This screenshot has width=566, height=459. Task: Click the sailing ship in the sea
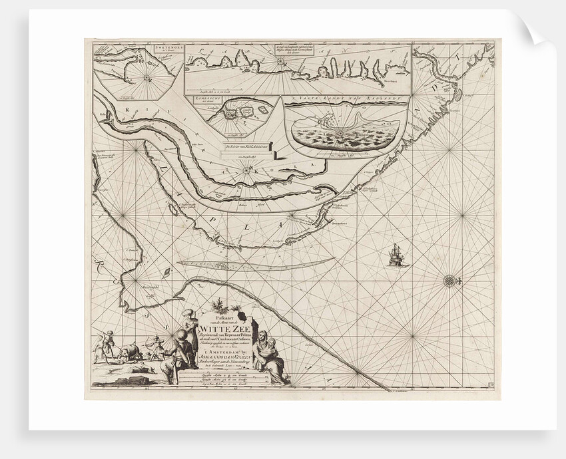click(396, 254)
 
